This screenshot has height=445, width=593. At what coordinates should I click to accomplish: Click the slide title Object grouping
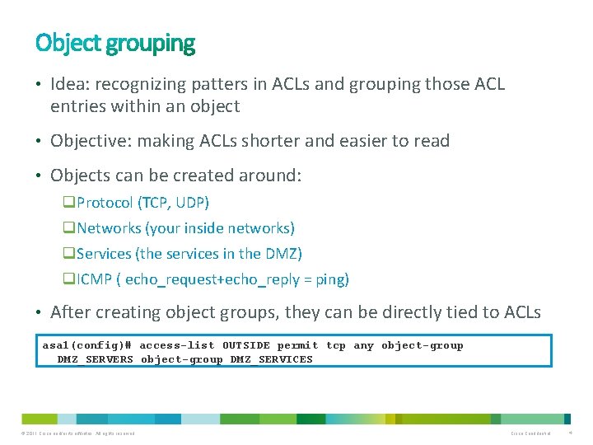(x=115, y=43)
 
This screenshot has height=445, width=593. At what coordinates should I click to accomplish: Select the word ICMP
(x=95, y=279)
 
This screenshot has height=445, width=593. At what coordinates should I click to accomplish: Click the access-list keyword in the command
(x=177, y=345)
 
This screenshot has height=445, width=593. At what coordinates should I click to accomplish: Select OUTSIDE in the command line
(x=245, y=345)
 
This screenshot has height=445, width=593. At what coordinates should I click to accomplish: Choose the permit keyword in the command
(x=297, y=345)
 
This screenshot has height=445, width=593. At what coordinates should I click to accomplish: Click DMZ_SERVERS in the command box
(x=95, y=359)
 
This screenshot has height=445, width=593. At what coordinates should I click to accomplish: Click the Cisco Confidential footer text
(x=530, y=433)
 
